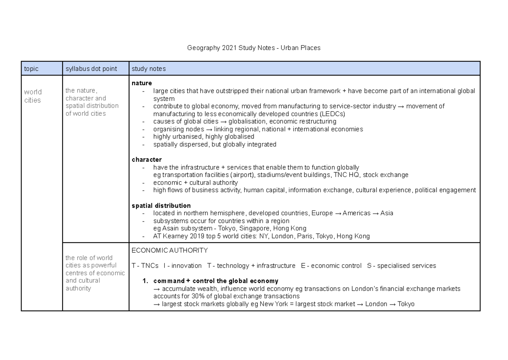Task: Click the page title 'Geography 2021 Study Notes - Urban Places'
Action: tap(254, 48)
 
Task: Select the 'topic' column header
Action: tap(32, 69)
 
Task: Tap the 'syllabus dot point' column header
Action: tap(91, 69)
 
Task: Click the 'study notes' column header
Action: tap(149, 69)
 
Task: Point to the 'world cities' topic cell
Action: tap(33, 96)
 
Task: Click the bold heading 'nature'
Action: tap(141, 83)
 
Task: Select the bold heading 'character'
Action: tap(146, 160)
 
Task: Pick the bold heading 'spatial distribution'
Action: tap(161, 205)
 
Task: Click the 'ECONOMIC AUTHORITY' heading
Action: tap(170, 250)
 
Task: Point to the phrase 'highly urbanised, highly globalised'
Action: tap(204, 137)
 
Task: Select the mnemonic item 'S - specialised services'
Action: tap(401, 266)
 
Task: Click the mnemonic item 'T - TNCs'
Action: tap(145, 266)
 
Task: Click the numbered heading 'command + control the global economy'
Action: tap(215, 281)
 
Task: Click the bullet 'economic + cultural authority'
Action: tap(195, 183)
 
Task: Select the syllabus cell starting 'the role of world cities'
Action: tap(95, 273)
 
